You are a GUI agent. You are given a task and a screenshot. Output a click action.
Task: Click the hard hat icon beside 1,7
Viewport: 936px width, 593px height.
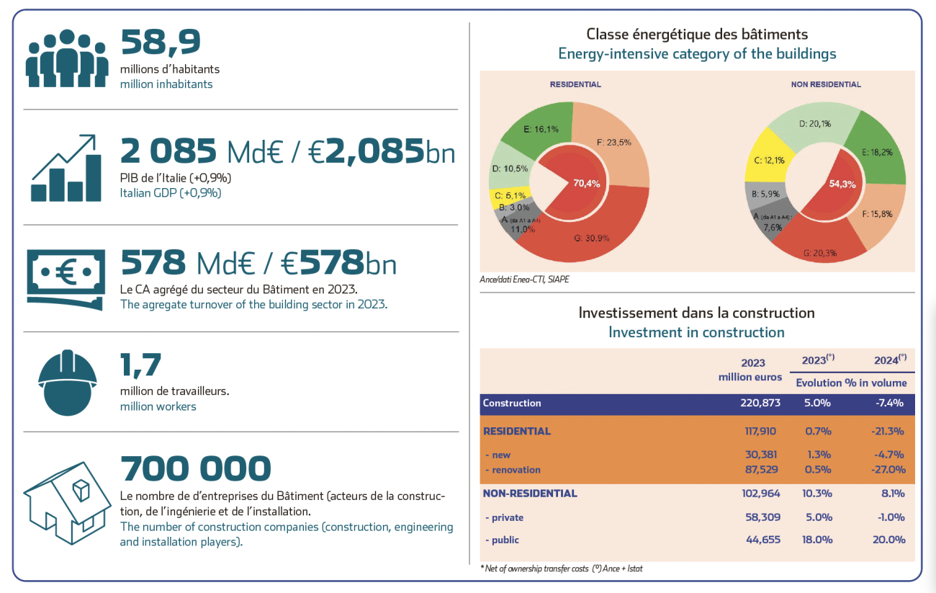pos(67,383)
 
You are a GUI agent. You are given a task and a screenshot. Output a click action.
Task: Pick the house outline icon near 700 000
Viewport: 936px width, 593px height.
pos(67,502)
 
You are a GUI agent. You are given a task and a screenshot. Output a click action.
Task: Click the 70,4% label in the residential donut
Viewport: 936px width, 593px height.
pos(585,183)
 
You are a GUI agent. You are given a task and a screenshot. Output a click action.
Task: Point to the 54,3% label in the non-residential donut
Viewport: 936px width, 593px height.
pos(842,184)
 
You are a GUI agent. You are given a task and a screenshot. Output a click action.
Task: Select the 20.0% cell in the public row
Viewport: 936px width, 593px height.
pos(889,540)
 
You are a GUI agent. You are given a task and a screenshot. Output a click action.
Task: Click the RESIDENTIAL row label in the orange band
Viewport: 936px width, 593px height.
pos(517,432)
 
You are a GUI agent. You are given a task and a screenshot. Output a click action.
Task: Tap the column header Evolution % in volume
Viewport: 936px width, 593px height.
pos(850,383)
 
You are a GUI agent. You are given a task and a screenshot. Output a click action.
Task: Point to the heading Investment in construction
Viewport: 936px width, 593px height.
pos(696,332)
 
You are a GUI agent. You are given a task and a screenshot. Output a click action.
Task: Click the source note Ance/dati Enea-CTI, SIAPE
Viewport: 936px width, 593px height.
pos(523,279)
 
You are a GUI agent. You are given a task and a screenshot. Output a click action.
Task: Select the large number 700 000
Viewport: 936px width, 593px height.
pos(196,469)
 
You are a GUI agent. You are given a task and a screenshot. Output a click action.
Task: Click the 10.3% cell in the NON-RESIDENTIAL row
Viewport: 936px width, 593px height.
pos(818,494)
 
